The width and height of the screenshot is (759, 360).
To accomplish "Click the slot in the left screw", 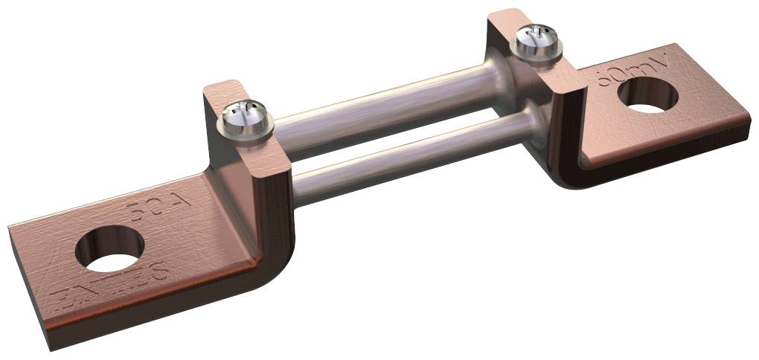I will click(243, 115).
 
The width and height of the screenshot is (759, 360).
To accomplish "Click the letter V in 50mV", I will click(666, 58).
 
